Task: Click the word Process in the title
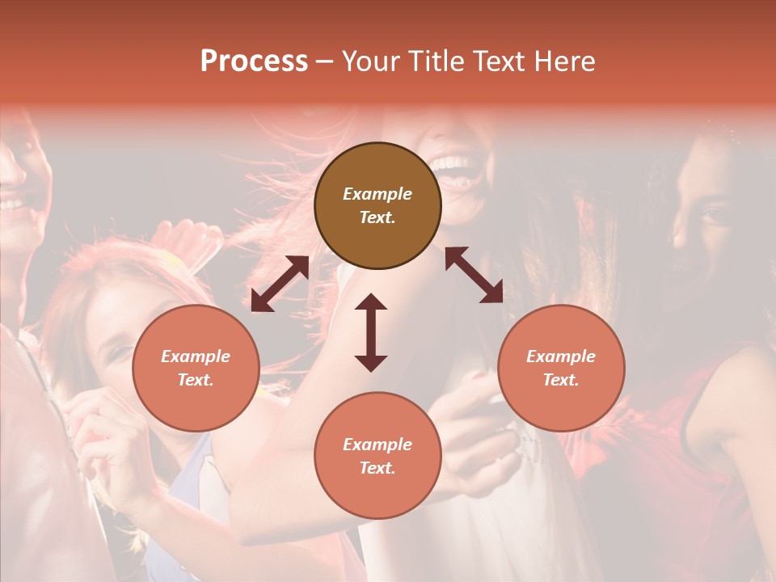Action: pos(254,61)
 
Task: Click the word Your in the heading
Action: pos(369,61)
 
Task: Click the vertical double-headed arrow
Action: pos(371,332)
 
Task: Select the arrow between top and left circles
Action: pos(280,283)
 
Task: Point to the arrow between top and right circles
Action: pos(474,275)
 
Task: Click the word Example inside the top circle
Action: pos(377,194)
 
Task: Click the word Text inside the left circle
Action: pos(196,380)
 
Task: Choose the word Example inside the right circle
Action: pos(561,356)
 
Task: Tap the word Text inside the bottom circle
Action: pos(377,468)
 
